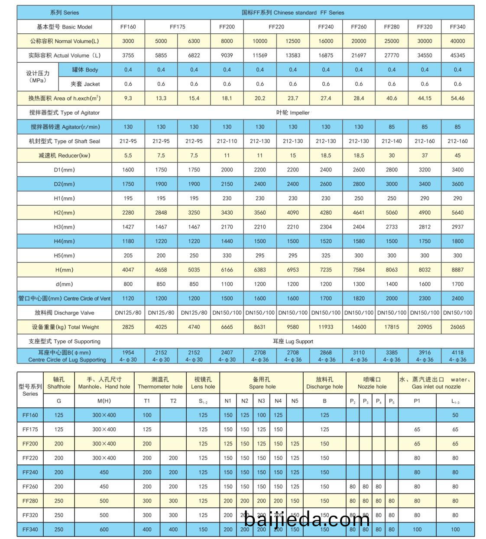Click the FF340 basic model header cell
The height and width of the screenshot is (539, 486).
click(457, 27)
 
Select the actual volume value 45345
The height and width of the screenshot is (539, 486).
click(457, 55)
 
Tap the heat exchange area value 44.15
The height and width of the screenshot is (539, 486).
click(424, 98)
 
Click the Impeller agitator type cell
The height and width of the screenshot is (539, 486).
click(293, 113)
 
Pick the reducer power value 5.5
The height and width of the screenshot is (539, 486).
click(128, 155)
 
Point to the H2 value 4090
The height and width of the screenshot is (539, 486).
click(293, 213)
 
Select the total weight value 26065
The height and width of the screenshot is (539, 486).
click(457, 327)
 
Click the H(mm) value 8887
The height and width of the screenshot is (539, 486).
click(457, 270)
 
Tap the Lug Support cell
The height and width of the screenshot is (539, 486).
click(293, 341)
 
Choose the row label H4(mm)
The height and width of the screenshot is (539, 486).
click(64, 241)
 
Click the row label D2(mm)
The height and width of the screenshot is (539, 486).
click(64, 184)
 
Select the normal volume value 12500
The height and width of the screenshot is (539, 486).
click(293, 41)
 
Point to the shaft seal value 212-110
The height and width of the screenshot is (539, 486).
click(227, 141)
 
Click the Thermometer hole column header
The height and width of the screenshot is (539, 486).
click(160, 383)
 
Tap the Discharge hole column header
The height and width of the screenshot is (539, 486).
click(324, 383)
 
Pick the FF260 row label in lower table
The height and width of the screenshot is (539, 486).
click(30, 487)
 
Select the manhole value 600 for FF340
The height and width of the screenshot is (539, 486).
click(104, 529)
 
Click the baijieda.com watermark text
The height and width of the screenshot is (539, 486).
click(307, 520)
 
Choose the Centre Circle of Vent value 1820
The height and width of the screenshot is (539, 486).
click(359, 298)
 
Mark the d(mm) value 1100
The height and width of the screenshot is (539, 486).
click(227, 284)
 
